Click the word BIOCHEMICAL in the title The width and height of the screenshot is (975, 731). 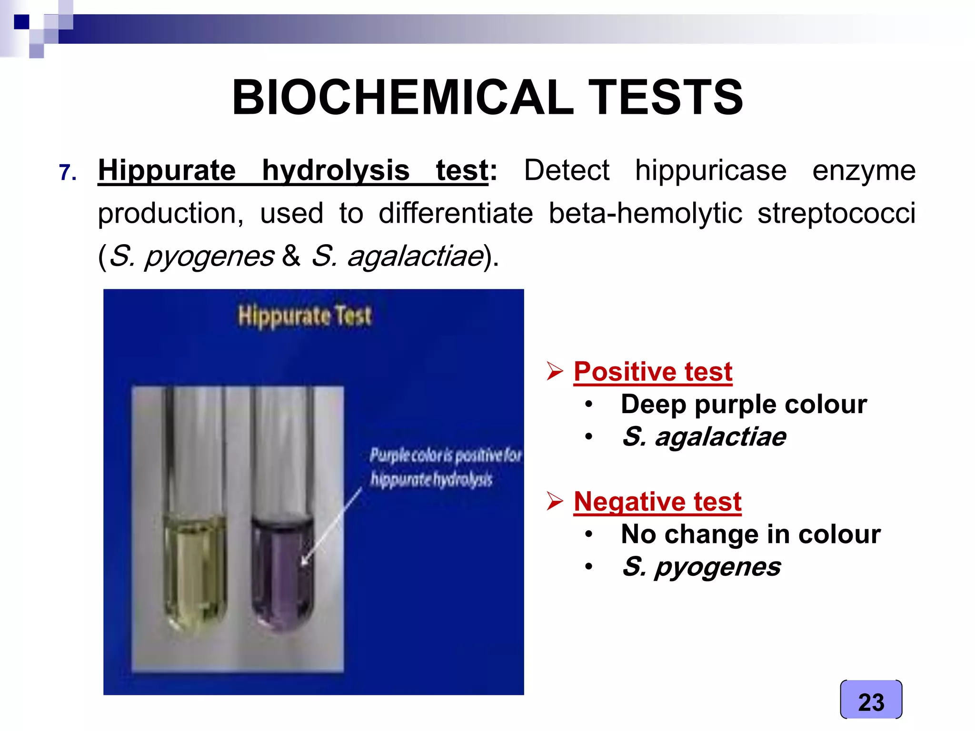click(402, 98)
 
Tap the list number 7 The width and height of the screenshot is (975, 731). click(68, 172)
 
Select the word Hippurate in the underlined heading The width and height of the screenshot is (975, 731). click(167, 170)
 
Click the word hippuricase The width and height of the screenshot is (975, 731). click(710, 170)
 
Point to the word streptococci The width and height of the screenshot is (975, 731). click(836, 213)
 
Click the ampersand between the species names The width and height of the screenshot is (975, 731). click(291, 256)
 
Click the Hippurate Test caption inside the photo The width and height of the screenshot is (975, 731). click(305, 316)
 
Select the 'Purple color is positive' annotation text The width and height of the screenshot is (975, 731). click(445, 456)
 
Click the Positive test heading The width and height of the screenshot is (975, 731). click(652, 371)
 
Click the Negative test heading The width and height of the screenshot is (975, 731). click(657, 502)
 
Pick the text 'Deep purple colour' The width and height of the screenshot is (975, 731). click(743, 404)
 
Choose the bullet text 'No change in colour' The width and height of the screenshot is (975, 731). click(750, 534)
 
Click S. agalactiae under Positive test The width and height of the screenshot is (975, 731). click(704, 436)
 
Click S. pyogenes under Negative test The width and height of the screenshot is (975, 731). click(701, 566)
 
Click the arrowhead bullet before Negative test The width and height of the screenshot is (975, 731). click(555, 501)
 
